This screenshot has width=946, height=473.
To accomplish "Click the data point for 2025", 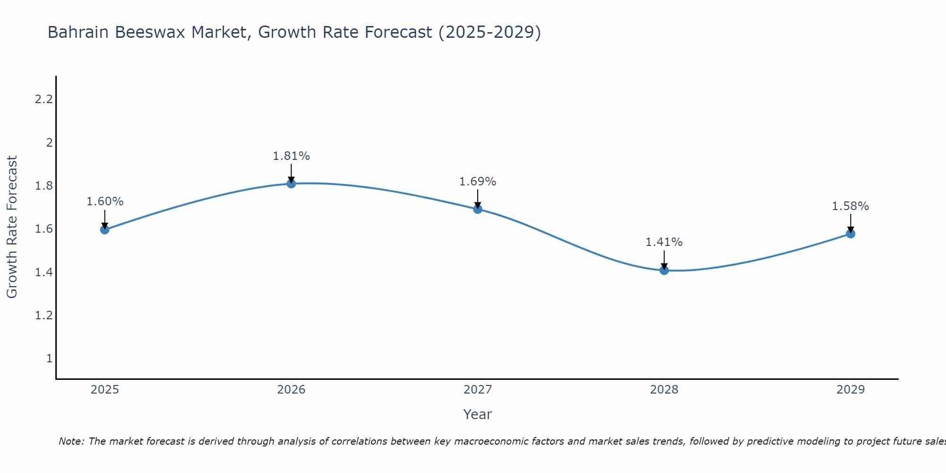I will click(x=105, y=230).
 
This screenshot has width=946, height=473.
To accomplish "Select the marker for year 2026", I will click(x=291, y=184).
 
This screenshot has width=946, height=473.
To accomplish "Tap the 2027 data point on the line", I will click(x=478, y=209).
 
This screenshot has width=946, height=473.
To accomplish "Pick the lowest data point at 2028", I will click(x=664, y=270).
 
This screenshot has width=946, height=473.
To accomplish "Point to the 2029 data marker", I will click(x=850, y=234).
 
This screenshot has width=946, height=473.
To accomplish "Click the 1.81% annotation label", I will click(x=291, y=156).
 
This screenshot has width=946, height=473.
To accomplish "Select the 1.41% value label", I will click(x=664, y=242).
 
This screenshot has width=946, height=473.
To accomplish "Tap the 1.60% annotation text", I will click(x=105, y=201).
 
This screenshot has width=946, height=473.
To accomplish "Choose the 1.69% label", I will click(x=478, y=182).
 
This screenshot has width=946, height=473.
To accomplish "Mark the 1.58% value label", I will click(x=850, y=206).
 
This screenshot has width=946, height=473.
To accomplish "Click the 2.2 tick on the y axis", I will click(x=44, y=99).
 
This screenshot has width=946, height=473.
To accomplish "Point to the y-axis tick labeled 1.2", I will click(x=44, y=315).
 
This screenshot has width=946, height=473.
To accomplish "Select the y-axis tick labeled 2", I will click(x=49, y=142).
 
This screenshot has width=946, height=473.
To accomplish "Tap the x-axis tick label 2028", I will click(x=664, y=390).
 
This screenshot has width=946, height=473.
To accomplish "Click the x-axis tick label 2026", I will click(x=291, y=390).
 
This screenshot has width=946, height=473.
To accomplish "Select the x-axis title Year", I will click(x=478, y=414).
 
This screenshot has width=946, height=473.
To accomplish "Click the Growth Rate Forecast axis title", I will click(x=12, y=227).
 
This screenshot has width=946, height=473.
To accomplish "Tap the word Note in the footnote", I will click(x=70, y=441).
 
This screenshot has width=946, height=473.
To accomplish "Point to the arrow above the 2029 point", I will click(x=850, y=222).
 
